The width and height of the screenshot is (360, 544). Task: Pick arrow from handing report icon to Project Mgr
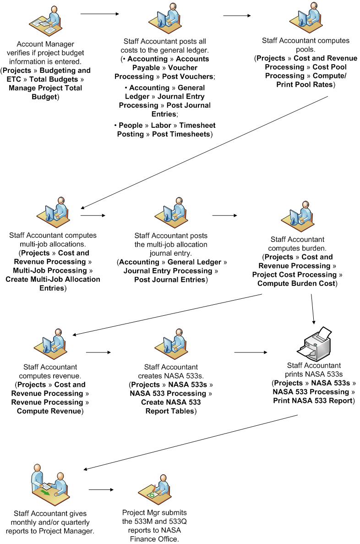click(x=101, y=490)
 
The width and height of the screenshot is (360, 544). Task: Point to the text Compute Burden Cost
click(x=297, y=284)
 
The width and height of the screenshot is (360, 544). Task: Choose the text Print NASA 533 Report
click(x=313, y=401)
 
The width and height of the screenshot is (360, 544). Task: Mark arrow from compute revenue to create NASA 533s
click(x=98, y=352)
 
